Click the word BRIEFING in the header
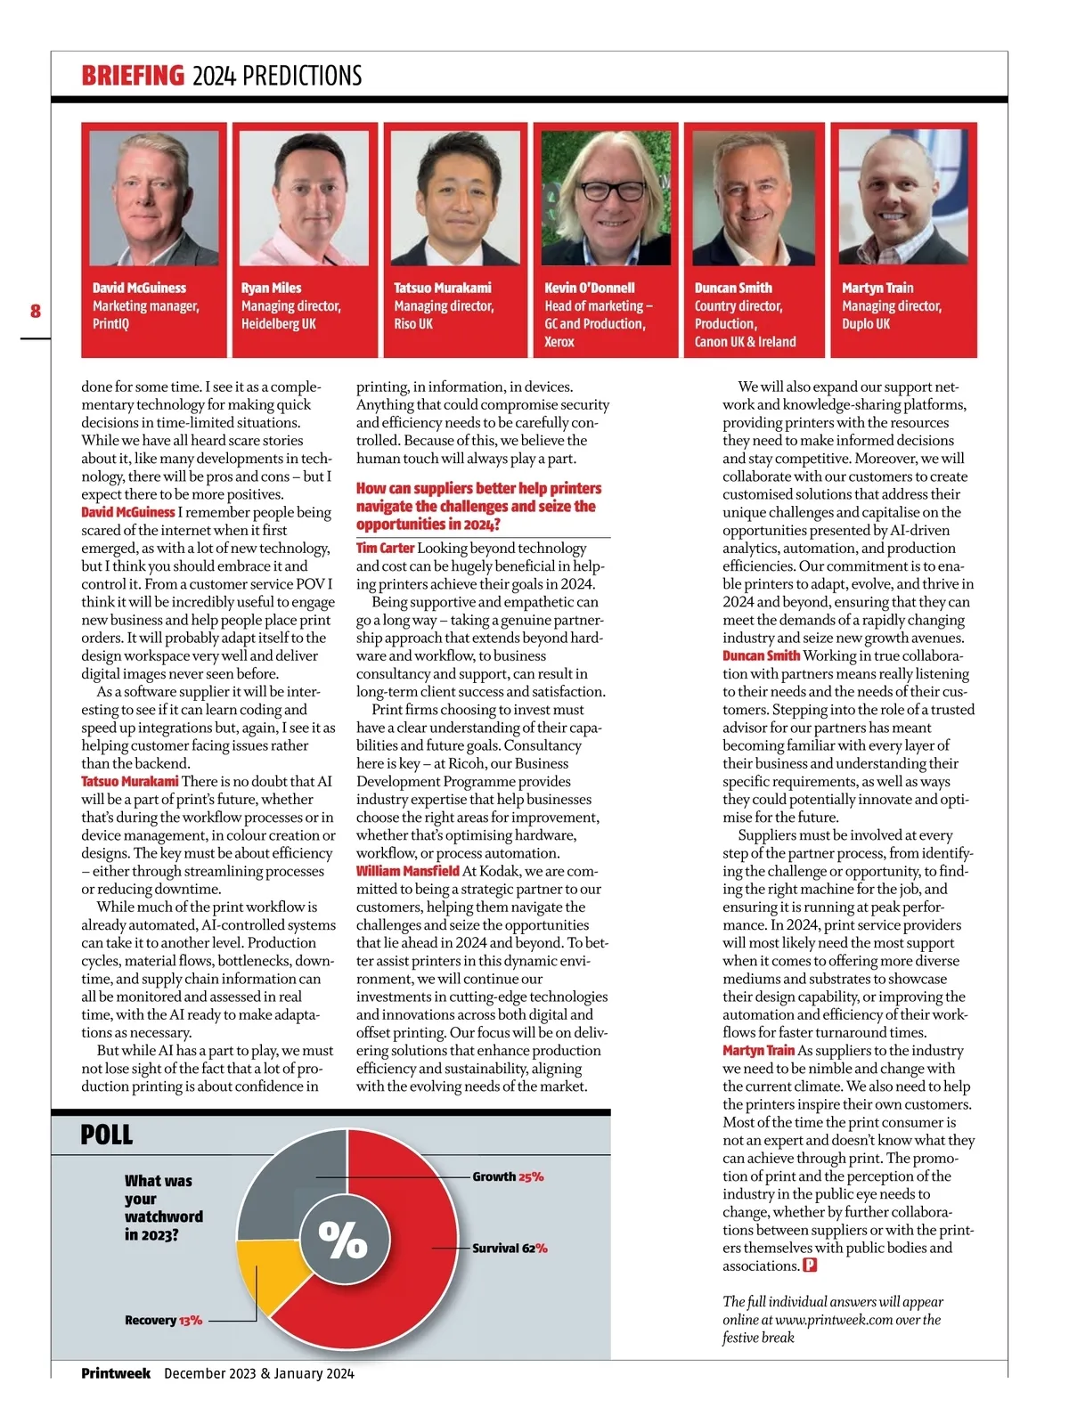pos(133,76)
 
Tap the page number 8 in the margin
pos(36,311)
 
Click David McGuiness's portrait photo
pos(154,198)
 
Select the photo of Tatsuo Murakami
pos(455,198)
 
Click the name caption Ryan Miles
pos(271,288)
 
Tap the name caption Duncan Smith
pos(733,288)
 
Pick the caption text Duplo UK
pos(866,323)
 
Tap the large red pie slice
pos(401,1282)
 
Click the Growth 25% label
pos(508,1176)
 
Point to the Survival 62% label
pos(510,1248)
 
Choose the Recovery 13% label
pos(163,1320)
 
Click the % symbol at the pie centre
pos(344,1239)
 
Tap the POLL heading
pos(106,1135)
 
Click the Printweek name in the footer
pos(116,1372)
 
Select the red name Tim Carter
pos(385,548)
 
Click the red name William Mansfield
pos(407,871)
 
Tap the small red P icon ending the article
pos(810,1265)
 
